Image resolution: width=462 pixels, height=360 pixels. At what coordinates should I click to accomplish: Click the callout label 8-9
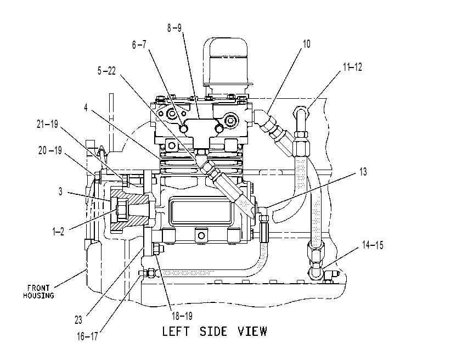[174, 28]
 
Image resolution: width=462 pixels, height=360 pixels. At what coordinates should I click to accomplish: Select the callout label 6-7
[139, 45]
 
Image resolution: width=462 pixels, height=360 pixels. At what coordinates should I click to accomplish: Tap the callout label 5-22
[106, 71]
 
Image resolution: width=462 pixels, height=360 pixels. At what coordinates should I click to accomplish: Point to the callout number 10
[306, 44]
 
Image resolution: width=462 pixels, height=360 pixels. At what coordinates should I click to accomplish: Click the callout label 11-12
[352, 67]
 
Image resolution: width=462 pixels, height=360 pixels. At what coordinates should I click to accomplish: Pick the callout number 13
[363, 172]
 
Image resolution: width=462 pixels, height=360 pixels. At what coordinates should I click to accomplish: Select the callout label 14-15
[373, 245]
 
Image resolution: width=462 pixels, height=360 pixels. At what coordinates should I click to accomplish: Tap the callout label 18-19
[182, 316]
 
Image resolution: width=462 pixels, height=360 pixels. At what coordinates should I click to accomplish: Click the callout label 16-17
[87, 336]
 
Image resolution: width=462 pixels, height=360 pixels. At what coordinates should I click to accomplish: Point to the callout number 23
[78, 320]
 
